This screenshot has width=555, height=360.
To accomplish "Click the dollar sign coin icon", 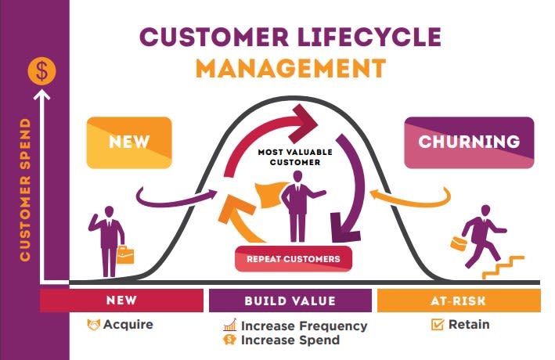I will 42,71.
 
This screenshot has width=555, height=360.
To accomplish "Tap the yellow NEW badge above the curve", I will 129,142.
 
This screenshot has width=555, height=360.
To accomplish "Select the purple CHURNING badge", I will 469,142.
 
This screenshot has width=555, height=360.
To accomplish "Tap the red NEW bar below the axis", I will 121,301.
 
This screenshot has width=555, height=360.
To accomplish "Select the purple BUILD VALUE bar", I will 290,301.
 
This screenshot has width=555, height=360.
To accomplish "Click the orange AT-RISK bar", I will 459,301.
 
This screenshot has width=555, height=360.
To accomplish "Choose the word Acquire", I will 128,324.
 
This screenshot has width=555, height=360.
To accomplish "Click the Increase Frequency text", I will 304,326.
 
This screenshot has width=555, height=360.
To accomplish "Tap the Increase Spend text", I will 290,340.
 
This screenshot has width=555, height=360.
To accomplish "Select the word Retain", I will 469,324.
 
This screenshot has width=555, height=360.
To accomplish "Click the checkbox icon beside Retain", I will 438,324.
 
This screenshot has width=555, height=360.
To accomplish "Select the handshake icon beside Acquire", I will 94,324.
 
